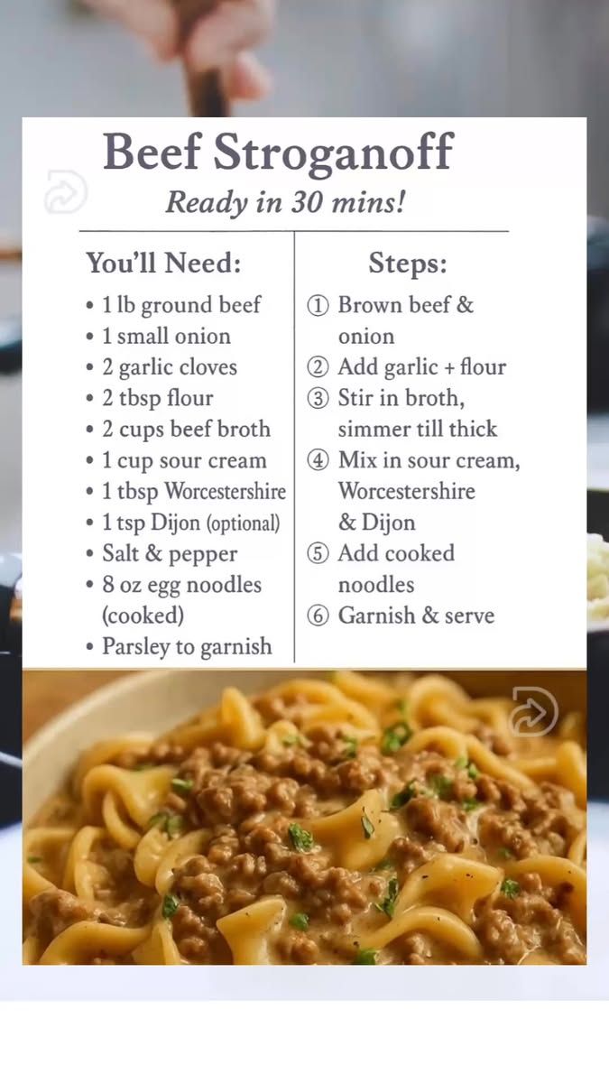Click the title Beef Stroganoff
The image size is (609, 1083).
tap(279, 153)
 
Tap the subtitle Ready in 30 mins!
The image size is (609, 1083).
tap(285, 202)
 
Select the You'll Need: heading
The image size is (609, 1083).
tap(163, 264)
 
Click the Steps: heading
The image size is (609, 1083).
tap(408, 264)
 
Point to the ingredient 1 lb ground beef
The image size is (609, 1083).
tap(181, 306)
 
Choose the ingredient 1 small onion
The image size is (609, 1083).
tap(166, 336)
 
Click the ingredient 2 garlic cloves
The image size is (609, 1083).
tap(170, 367)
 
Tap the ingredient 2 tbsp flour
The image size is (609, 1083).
tap(158, 398)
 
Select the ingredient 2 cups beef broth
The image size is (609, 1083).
tap(186, 430)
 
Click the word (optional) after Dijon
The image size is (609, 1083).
tap(243, 523)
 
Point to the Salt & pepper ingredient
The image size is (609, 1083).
tap(170, 554)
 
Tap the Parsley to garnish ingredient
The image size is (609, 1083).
tap(187, 647)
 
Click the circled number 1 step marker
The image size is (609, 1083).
tap(318, 306)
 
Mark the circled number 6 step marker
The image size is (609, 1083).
tap(318, 616)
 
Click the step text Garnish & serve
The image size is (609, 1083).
tap(416, 616)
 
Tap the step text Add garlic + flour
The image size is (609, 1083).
tap(422, 367)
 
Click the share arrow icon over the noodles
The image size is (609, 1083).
tap(534, 711)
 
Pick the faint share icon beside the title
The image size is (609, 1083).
tap(65, 191)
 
